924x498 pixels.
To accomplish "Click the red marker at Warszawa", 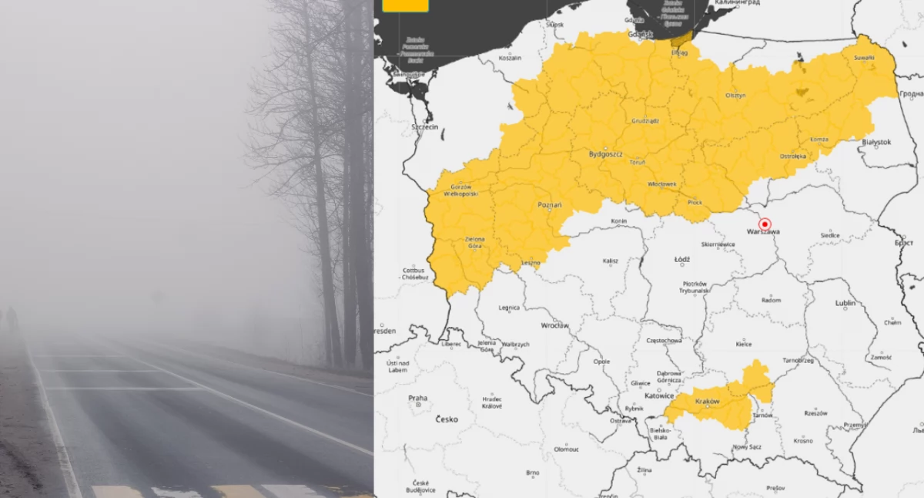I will click(x=765, y=224).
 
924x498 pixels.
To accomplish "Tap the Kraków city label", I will click(x=707, y=402).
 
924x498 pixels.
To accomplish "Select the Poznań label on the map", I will click(x=549, y=205).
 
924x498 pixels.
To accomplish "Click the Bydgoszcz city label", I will click(x=605, y=154).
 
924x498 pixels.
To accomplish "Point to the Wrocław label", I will click(x=554, y=325).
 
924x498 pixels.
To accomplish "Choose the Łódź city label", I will click(x=681, y=260).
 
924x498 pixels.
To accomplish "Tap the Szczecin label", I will click(x=424, y=126).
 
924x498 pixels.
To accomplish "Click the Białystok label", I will click(x=876, y=142).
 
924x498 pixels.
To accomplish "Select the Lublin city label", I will click(x=845, y=303).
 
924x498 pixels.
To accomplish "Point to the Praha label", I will click(x=417, y=399).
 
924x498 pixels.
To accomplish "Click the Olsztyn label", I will click(x=735, y=95).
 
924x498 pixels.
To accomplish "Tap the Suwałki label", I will click(x=864, y=58).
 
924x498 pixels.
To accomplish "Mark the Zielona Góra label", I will click(x=475, y=242).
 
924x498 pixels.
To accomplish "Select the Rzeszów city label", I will click(x=815, y=413).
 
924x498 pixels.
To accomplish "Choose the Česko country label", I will click(x=447, y=419).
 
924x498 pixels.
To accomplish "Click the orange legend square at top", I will click(x=405, y=5).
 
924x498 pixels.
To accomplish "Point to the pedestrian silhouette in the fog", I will click(x=12, y=318).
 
